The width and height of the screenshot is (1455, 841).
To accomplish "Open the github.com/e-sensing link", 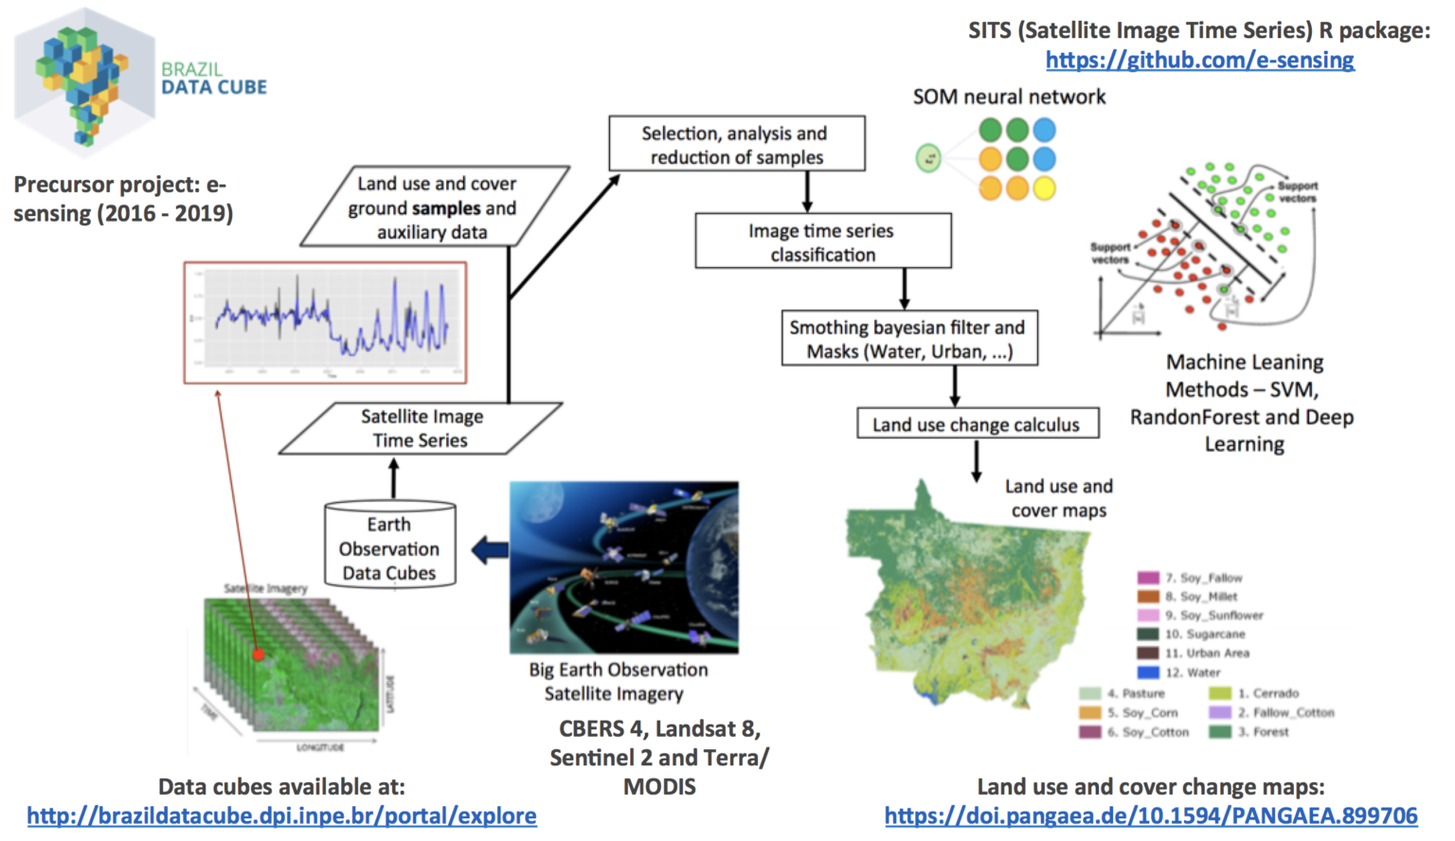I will (x=1199, y=60).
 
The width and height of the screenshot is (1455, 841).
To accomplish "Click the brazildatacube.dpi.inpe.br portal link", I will (x=281, y=815).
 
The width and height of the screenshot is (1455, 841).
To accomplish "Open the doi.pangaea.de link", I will (x=1151, y=815).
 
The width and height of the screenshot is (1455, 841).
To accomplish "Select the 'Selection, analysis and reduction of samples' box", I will (x=736, y=144).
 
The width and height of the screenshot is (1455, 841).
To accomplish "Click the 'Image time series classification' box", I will (x=822, y=242).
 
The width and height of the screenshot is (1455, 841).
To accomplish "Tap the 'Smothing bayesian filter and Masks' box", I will (x=908, y=338).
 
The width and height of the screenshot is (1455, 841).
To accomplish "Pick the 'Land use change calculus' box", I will (x=977, y=424).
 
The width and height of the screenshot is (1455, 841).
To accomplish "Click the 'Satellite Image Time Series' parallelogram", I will (x=421, y=428).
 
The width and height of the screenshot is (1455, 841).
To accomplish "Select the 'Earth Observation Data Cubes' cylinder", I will (x=389, y=547).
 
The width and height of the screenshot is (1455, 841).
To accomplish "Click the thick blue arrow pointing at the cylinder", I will (x=490, y=549).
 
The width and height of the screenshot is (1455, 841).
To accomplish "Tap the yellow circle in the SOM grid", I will (x=1044, y=188).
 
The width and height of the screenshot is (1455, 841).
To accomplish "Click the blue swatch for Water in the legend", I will (x=1148, y=672).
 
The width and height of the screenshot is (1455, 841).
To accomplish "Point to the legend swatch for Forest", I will (x=1220, y=732).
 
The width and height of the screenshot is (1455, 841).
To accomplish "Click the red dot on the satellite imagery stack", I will (x=258, y=653).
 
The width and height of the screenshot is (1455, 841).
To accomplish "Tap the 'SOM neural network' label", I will (x=1009, y=97).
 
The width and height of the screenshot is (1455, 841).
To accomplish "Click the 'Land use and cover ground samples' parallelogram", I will (x=434, y=207).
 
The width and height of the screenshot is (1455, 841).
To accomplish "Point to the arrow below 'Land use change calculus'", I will (x=976, y=461).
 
